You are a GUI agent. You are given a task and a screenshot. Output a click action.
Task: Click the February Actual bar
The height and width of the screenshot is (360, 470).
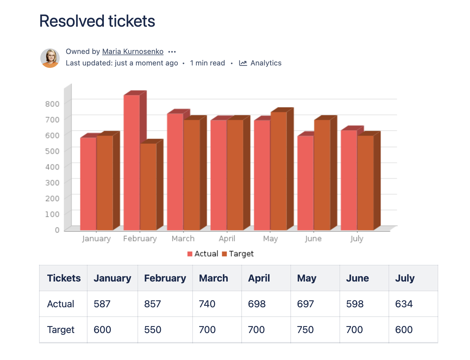coord(132,162)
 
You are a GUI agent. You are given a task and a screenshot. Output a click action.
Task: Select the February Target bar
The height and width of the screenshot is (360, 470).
coord(148,186)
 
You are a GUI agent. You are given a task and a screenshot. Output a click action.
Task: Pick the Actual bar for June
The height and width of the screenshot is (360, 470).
coord(305,183)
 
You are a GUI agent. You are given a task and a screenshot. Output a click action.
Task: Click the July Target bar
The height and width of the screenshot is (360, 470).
coord(366,183)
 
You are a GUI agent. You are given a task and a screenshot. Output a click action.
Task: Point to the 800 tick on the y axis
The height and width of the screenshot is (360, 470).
coord(52,104)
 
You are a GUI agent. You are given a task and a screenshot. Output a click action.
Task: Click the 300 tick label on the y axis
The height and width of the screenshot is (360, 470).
coord(52,183)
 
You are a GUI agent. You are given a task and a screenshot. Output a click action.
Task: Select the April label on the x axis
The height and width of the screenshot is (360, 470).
coord(227,239)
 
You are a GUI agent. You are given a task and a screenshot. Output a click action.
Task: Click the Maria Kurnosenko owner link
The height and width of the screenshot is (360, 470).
coord(133,52)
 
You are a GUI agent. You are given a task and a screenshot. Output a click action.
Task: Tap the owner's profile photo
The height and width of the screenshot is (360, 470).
coord(50,58)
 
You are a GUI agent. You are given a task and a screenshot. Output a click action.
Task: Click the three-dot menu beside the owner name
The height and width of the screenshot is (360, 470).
coord(172,52)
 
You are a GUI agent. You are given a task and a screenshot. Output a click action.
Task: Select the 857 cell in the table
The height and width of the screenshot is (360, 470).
coord(153,304)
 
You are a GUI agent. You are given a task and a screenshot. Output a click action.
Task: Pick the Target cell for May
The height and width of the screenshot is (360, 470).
coord(305,330)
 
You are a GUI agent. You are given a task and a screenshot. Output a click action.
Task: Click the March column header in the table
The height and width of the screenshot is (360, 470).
coord(213,278)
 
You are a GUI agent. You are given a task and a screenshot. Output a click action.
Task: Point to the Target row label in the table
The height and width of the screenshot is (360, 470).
coord(61,330)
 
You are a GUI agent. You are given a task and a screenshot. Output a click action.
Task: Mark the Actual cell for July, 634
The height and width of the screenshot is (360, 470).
coord(404,304)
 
